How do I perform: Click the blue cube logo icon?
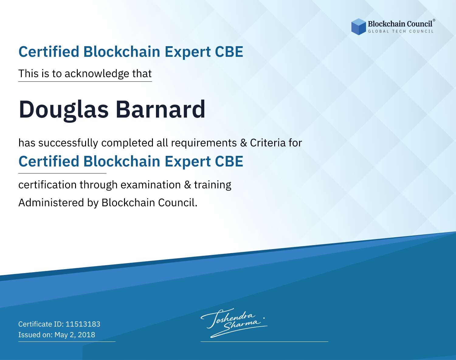358,27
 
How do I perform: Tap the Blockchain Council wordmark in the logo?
400,24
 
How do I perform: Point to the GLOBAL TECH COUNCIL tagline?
401,31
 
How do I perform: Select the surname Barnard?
161,109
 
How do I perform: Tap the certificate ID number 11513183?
83,324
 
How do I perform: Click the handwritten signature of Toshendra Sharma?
234,323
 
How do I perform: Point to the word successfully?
68,143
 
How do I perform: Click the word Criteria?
268,143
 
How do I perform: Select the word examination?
151,185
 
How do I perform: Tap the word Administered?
51,203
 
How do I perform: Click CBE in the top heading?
229,52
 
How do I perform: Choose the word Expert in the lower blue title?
188,162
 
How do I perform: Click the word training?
212,185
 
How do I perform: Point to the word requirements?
204,143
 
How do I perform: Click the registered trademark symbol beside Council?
434,20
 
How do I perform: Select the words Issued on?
35,334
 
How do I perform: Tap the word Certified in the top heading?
49,52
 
